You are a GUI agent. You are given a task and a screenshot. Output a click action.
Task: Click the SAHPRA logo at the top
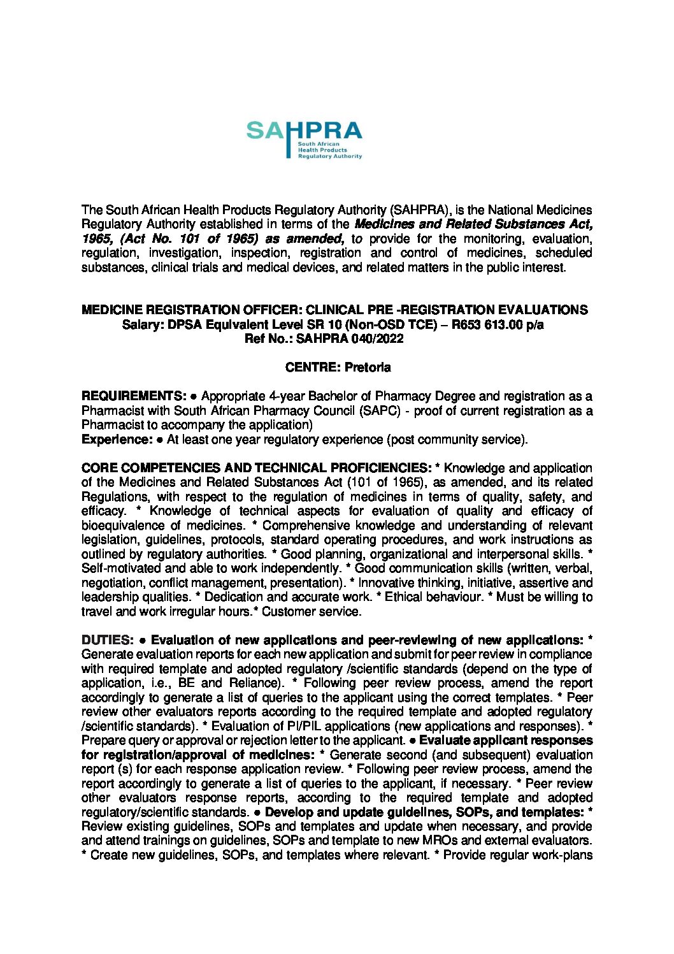[x=304, y=140]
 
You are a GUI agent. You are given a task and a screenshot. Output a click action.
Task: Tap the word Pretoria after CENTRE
[x=368, y=368]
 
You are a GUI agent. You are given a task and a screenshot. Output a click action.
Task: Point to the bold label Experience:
[x=117, y=439]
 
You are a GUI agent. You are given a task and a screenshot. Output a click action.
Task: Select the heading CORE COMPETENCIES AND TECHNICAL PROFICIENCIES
[x=257, y=468]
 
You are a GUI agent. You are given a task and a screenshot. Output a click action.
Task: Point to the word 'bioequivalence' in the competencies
[x=122, y=526]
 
